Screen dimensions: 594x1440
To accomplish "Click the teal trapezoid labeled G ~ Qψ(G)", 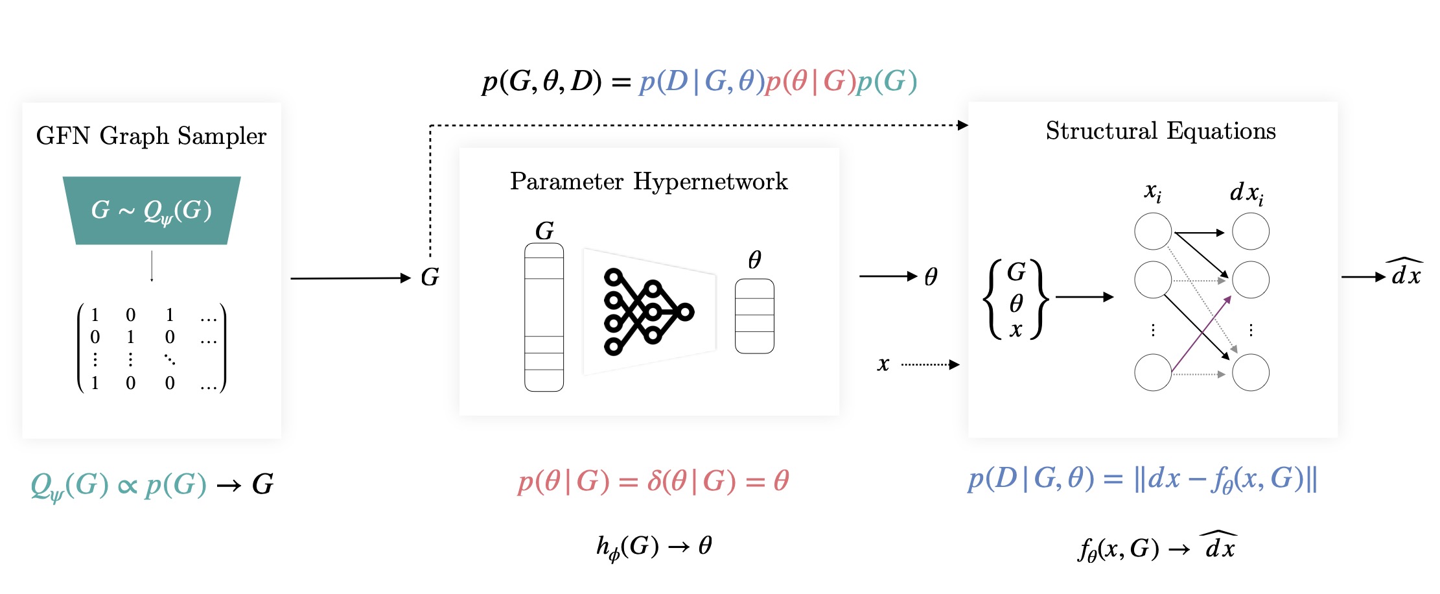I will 152,210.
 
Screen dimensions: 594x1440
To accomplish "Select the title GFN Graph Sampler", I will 151,136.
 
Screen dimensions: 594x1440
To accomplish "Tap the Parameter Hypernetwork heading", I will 649,182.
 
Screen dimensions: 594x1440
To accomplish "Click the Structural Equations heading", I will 1160,131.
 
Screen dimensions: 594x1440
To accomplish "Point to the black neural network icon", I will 647,312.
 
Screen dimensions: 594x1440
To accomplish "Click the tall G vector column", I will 544,317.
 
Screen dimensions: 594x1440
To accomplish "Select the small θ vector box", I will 754,316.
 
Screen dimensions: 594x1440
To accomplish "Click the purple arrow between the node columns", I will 1201,335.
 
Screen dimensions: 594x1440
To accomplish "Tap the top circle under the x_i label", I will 1153,232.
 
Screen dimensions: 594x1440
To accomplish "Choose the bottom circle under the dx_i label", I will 1250,373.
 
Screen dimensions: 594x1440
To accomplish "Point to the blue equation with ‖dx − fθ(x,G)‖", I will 1142,480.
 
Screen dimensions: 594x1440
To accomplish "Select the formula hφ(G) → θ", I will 654,547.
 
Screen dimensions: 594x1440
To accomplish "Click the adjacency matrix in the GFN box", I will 152,348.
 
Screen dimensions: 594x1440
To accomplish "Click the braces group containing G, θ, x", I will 1016,300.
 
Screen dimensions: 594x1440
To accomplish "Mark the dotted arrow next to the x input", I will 929,364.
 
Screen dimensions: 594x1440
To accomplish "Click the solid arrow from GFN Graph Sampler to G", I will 350,278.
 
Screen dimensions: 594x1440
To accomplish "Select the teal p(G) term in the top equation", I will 887,82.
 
